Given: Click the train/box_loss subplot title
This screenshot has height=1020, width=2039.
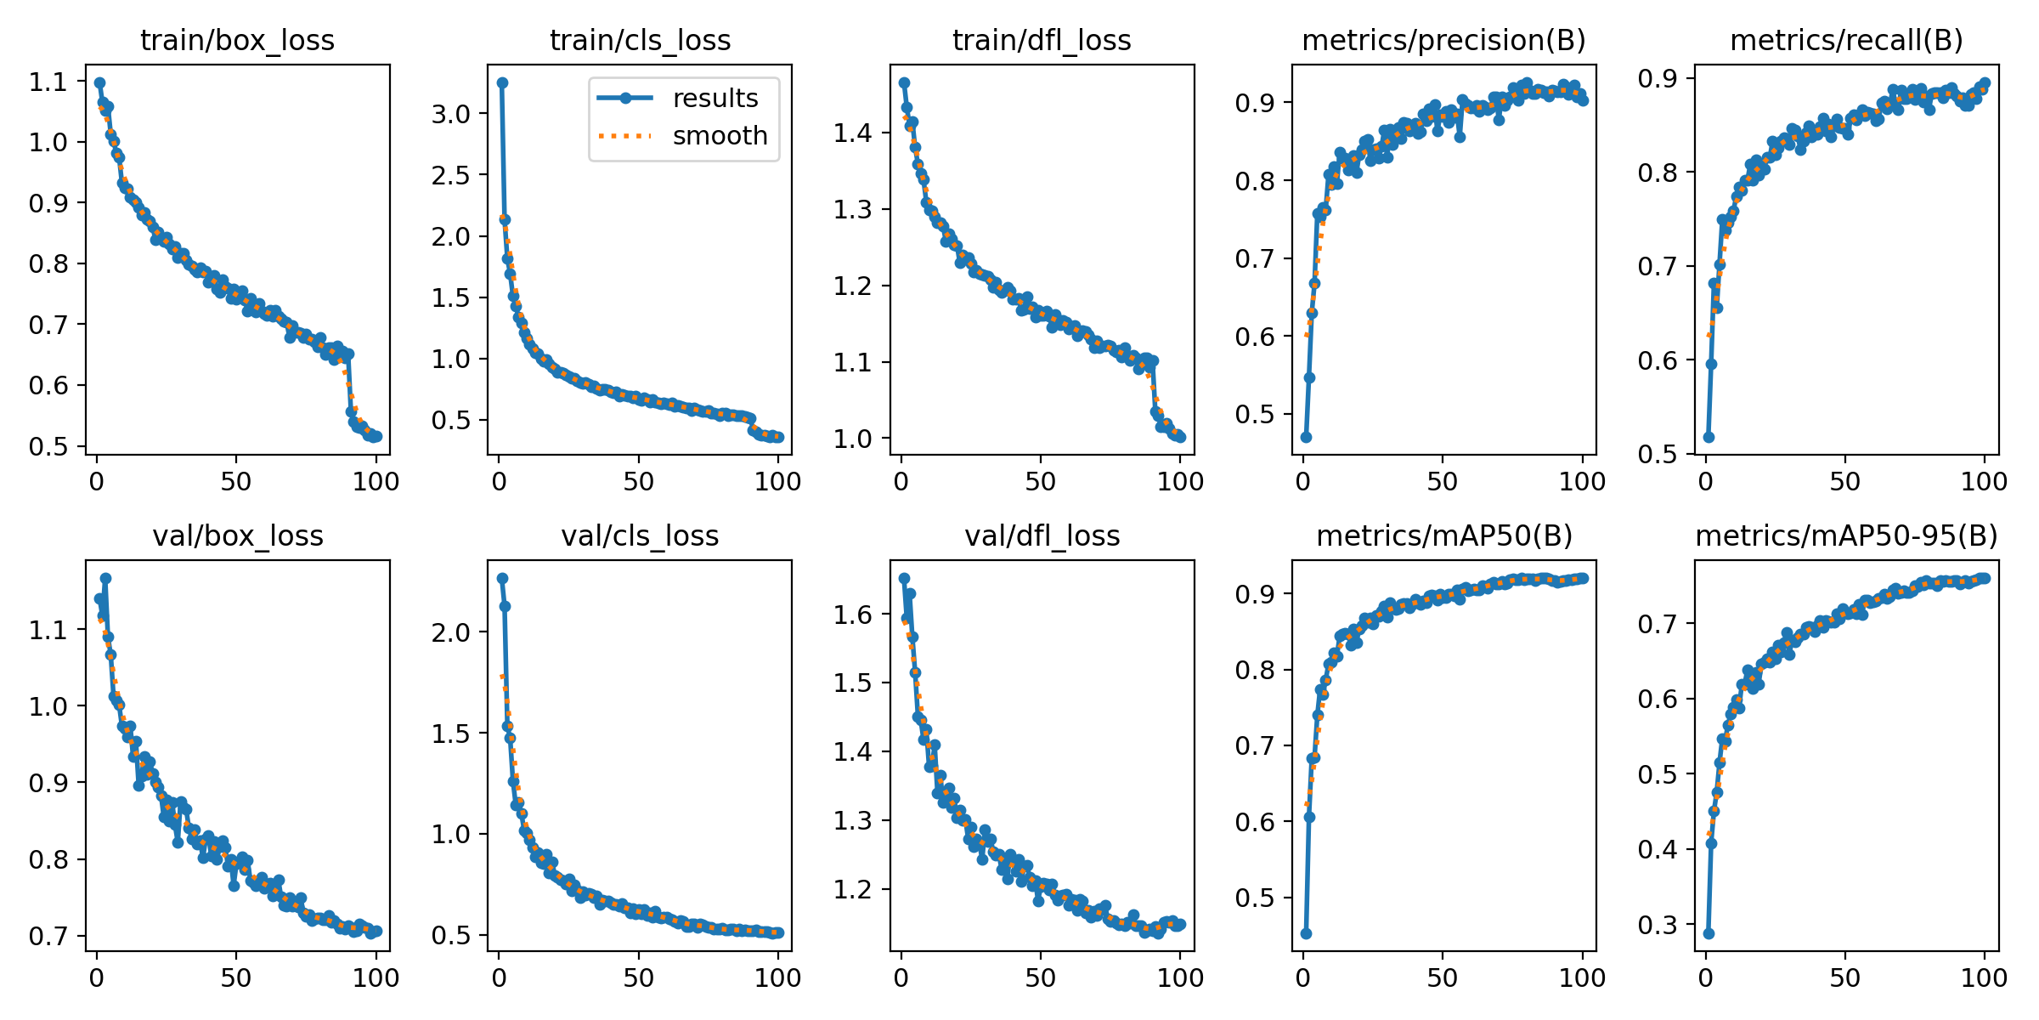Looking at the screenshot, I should click(237, 40).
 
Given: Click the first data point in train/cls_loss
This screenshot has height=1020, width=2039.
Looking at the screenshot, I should click(502, 82).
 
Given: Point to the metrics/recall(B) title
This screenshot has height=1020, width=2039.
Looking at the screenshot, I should click(1846, 40).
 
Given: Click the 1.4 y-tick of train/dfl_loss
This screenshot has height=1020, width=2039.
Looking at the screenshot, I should click(853, 133).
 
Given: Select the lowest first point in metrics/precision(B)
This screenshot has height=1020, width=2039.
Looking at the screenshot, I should click(1306, 437).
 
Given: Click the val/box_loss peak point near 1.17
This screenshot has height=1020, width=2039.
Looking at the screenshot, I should click(105, 578).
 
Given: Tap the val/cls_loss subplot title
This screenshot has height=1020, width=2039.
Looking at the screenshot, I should click(640, 535).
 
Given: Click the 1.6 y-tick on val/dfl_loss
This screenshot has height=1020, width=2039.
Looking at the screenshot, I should click(853, 615).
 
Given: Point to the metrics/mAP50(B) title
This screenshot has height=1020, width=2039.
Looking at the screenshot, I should click(1444, 535).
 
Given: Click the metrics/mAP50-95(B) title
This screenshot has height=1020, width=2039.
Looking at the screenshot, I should click(1846, 535).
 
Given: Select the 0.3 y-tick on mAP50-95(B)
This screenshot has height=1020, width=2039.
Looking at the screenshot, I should click(1658, 925).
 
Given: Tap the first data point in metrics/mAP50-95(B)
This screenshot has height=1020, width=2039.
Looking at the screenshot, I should click(1709, 933).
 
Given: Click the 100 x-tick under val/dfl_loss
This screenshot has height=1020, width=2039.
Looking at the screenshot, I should click(1180, 978).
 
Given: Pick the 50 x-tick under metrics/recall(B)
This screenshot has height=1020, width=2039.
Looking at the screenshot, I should click(1845, 482).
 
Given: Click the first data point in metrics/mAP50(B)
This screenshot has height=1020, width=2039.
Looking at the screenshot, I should click(1306, 933).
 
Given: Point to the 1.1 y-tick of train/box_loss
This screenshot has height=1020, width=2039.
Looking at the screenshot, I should click(48, 82).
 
